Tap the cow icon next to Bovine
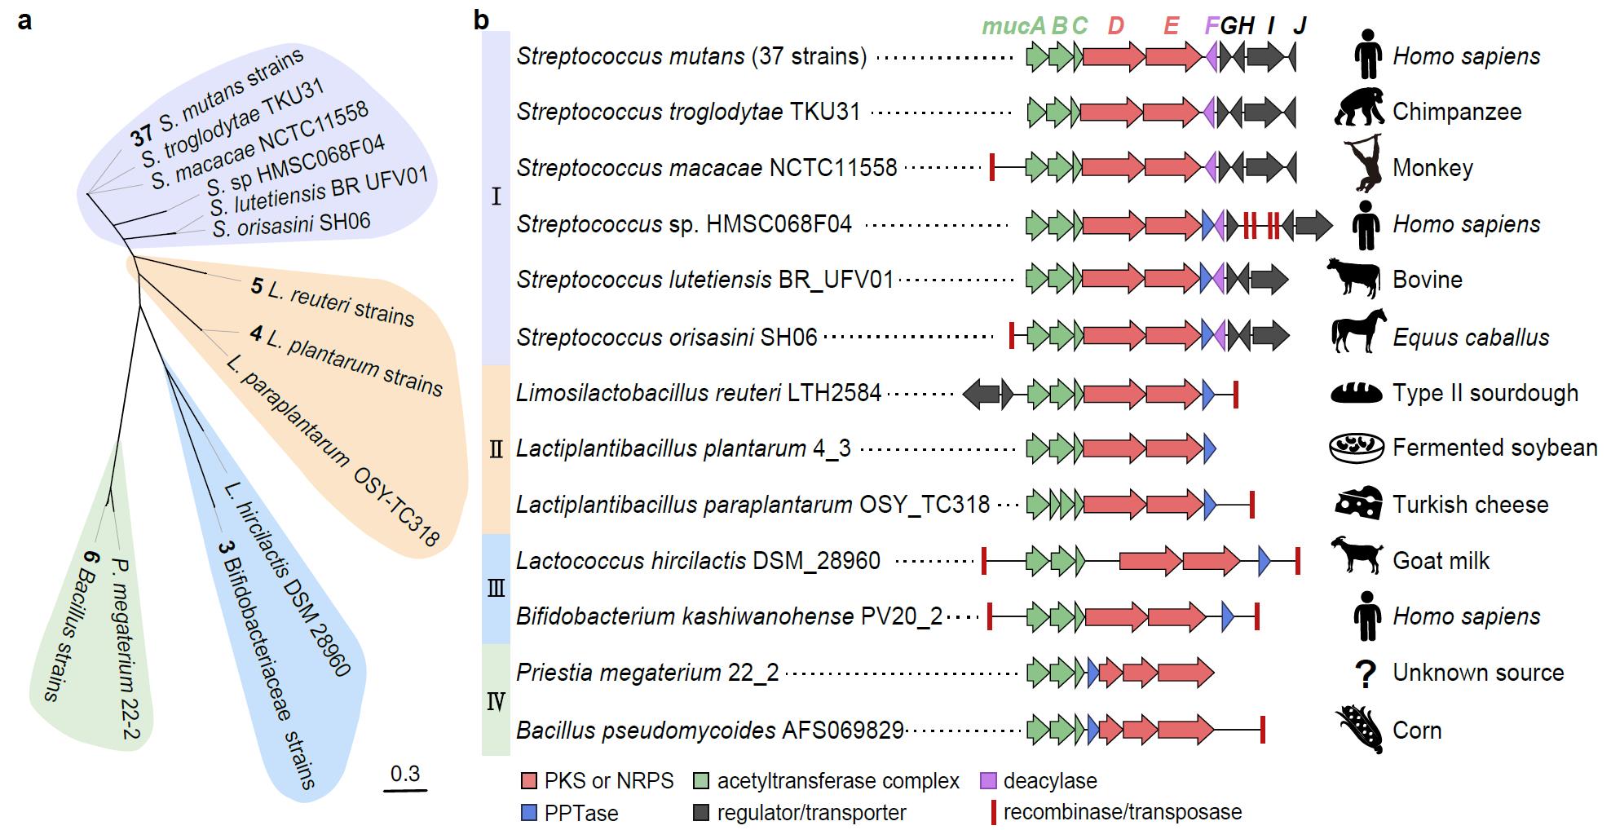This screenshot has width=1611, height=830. click(x=1353, y=279)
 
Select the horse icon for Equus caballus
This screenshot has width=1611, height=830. click(x=1358, y=333)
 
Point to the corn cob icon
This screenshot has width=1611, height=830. click(x=1359, y=730)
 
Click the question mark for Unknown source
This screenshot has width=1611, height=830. click(x=1364, y=673)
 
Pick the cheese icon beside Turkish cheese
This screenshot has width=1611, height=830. click(x=1358, y=504)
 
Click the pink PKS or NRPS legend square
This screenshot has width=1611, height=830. click(x=529, y=781)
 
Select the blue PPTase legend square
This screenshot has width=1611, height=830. click(x=529, y=813)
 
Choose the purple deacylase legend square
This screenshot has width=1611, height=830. click(x=988, y=781)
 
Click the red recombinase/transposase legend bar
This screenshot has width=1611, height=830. click(x=992, y=812)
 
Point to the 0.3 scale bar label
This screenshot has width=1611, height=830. click(x=404, y=773)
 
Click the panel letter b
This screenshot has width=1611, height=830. click(x=482, y=20)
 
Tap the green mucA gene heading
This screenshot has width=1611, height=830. click(x=1013, y=26)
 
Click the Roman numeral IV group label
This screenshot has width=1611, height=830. click(x=496, y=700)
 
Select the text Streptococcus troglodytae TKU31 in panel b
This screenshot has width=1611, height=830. click(x=688, y=112)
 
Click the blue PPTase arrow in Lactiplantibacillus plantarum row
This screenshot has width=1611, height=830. click(x=1210, y=448)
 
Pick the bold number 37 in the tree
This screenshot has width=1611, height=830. click(x=141, y=131)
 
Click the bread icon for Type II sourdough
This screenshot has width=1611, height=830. click(x=1357, y=393)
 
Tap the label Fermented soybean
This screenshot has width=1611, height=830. click(x=1494, y=448)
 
